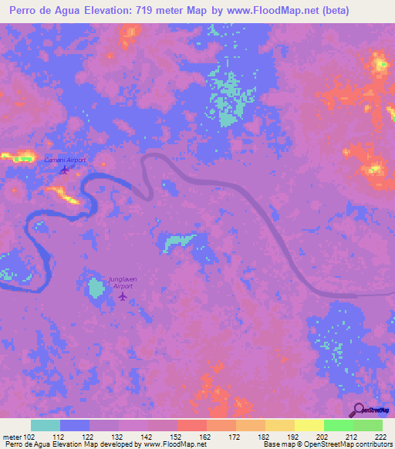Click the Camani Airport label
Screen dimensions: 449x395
[64, 160]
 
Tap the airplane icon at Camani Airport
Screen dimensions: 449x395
[65, 170]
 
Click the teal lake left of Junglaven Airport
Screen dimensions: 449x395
[96, 289]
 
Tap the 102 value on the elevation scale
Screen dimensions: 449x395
[29, 436]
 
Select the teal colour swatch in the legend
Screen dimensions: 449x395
[45, 425]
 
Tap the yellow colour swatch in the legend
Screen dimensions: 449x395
[309, 425]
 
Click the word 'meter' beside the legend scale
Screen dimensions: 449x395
[12, 436]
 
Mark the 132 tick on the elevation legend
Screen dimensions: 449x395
[118, 436]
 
